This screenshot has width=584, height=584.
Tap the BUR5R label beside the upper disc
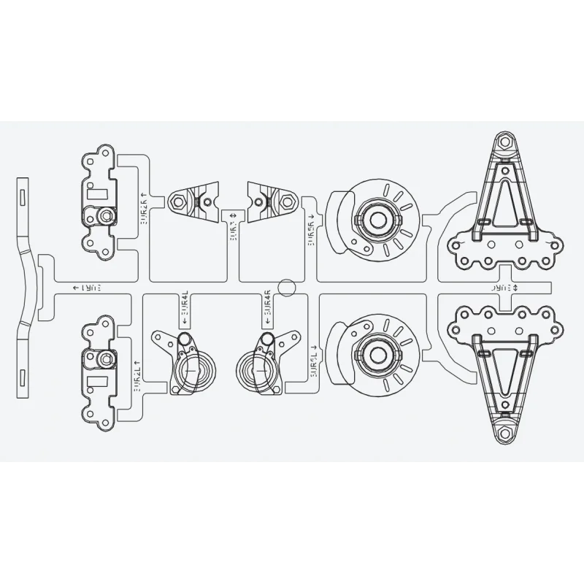click(x=312, y=230)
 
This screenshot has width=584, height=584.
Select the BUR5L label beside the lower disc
click(x=312, y=360)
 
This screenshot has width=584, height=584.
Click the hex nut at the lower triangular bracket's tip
click(x=502, y=434)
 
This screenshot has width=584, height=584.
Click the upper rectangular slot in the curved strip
click(x=23, y=195)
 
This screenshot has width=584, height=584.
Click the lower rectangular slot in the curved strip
click(x=23, y=377)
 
